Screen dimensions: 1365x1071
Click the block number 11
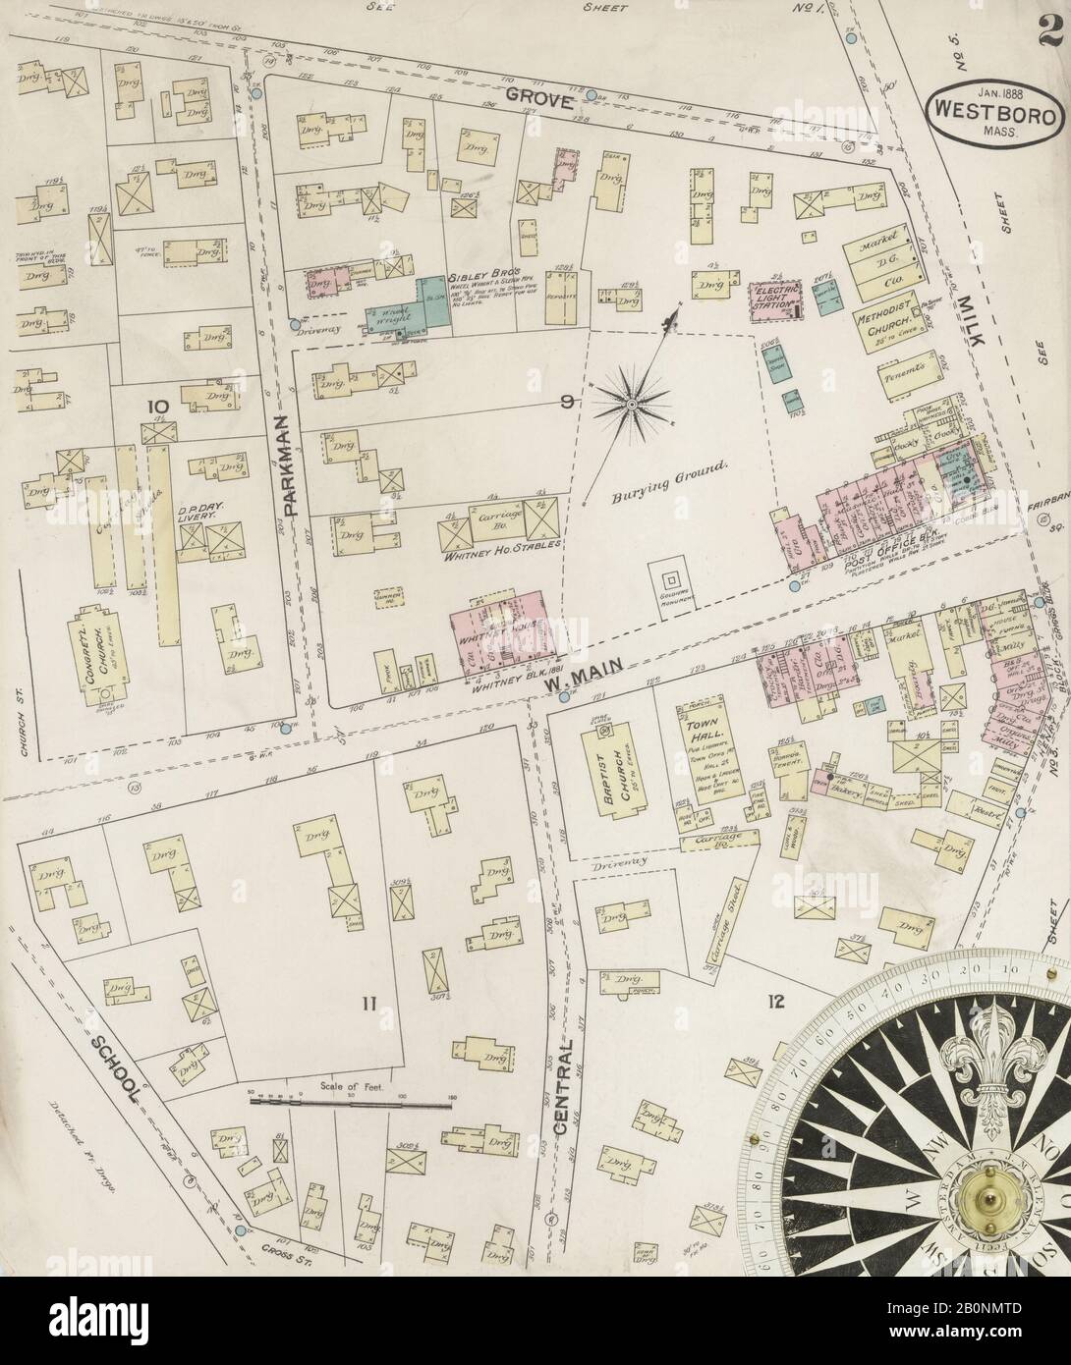coord(368,1003)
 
